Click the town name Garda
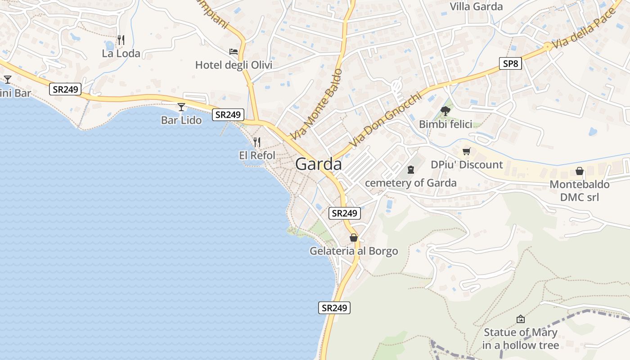pyautogui.click(x=318, y=164)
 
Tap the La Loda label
pyautogui.click(x=121, y=54)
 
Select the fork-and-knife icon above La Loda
pyautogui.click(x=121, y=40)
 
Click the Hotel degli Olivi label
pyautogui.click(x=234, y=65)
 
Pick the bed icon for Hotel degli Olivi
pyautogui.click(x=234, y=52)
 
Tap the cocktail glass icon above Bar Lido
pyautogui.click(x=181, y=107)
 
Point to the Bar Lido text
pyautogui.click(x=181, y=120)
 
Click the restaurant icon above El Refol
pyautogui.click(x=257, y=142)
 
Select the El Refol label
pyautogui.click(x=257, y=155)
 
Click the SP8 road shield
pyautogui.click(x=510, y=63)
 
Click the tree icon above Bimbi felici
pyautogui.click(x=445, y=111)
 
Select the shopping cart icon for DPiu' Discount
pyautogui.click(x=467, y=152)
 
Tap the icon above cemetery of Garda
pyautogui.click(x=410, y=170)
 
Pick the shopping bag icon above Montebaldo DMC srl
pyautogui.click(x=580, y=171)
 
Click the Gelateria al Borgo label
pyautogui.click(x=354, y=251)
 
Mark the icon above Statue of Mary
pyautogui.click(x=521, y=319)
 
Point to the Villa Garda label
pyautogui.click(x=476, y=6)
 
